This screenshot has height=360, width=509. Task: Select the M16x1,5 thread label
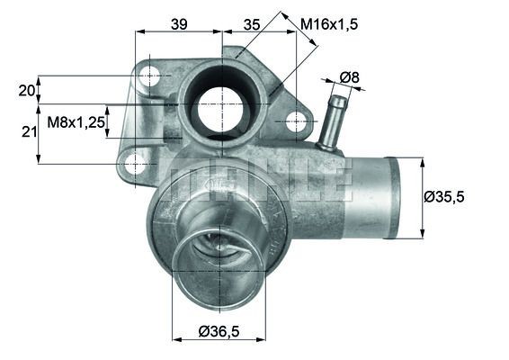330,25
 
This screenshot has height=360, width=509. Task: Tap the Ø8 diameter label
349,78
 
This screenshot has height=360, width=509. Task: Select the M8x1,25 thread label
76,119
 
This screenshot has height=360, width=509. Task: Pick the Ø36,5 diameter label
219,332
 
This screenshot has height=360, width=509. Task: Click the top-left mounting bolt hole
149,77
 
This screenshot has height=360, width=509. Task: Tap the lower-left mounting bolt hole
135,164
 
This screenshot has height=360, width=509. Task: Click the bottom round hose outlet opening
217,266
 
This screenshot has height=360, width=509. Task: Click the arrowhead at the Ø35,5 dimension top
423,161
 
